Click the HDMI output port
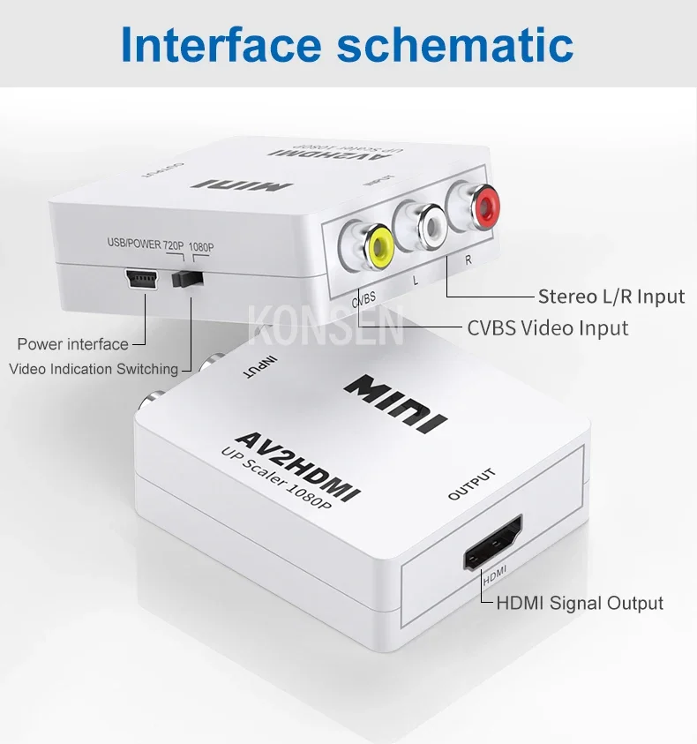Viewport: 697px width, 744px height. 493,543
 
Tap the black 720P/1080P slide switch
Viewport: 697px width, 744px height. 187,279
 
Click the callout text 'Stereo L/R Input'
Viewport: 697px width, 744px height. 611,297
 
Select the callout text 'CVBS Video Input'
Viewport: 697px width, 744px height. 548,328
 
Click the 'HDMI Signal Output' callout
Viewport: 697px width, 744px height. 580,603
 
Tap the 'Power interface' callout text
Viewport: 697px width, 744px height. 72,344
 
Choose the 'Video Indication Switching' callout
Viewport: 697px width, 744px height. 94,369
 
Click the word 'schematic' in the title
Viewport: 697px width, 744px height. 454,44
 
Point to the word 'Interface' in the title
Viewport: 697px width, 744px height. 221,44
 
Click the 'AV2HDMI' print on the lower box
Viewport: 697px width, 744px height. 298,466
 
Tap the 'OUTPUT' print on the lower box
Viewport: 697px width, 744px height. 472,484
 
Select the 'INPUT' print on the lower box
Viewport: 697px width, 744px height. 259,367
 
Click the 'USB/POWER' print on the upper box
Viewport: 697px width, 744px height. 134,244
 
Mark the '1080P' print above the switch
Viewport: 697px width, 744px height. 201,247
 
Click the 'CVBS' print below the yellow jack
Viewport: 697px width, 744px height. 363,299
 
